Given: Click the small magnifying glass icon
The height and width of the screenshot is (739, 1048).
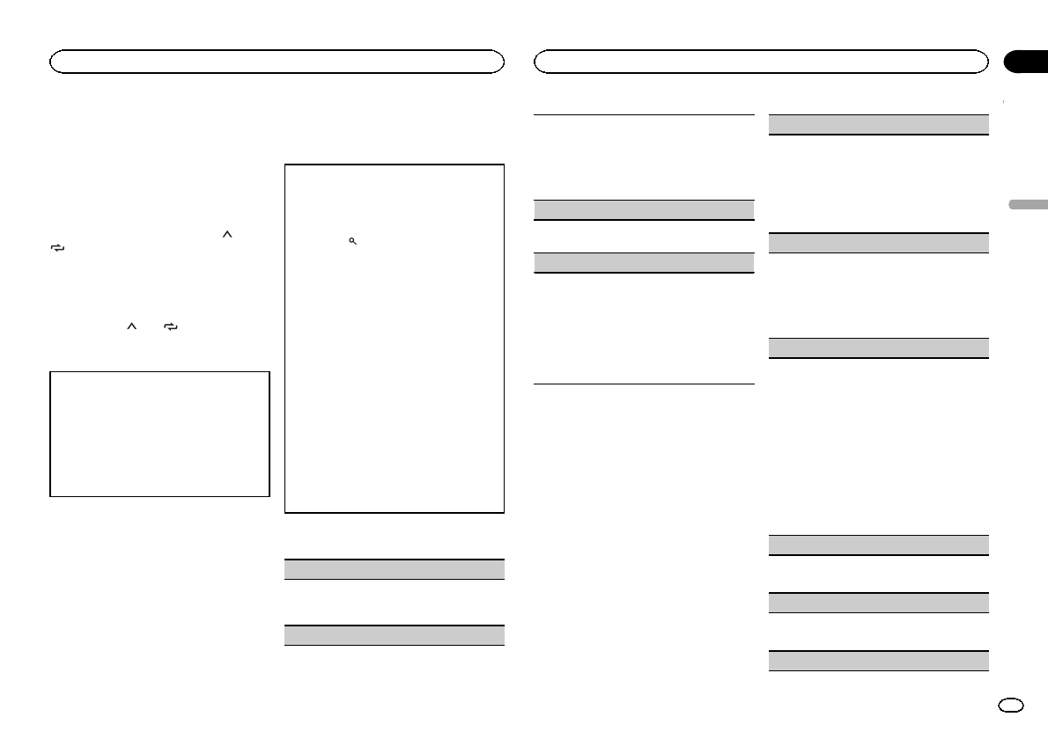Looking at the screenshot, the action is point(351,240).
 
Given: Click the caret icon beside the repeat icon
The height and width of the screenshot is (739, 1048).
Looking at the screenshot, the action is point(130,326).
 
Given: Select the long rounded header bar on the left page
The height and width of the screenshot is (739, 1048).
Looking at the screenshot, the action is point(277,61).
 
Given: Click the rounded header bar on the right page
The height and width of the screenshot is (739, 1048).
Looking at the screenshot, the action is point(762,61).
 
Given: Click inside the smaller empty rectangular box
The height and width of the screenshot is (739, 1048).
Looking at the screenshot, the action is point(159,434).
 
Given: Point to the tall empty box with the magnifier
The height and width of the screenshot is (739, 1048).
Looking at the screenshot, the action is point(395,339).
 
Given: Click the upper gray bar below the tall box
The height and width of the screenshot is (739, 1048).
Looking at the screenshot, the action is point(395,568).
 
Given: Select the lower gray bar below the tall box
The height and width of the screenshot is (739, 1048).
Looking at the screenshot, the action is point(395,634).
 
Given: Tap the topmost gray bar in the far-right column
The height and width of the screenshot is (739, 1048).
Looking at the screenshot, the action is point(878,124).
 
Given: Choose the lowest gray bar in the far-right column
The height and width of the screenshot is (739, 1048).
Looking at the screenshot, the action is point(878,661).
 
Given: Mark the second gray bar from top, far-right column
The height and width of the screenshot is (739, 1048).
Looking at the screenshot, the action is point(878,242).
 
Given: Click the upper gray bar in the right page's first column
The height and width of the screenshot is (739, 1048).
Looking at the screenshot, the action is point(645,209).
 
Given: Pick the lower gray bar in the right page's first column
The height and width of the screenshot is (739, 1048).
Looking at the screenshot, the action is point(645,262).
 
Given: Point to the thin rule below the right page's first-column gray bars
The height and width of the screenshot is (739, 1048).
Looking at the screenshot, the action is point(645,384).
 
